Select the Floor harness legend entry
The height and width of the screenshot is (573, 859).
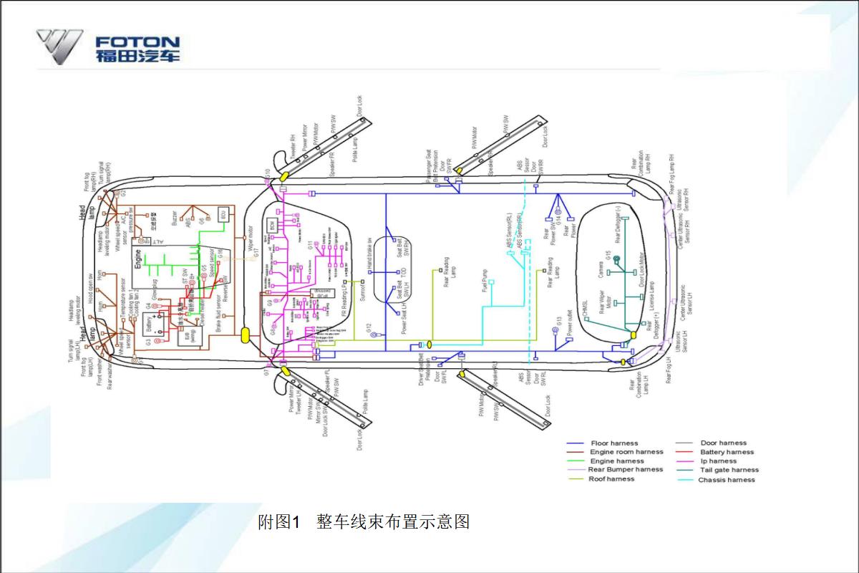coord(613,443)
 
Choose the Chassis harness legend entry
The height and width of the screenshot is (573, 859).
coord(726,480)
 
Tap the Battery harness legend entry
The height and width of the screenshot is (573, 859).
coord(727,452)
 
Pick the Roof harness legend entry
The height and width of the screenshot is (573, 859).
coord(611,479)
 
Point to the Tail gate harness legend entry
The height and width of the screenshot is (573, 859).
coord(729,471)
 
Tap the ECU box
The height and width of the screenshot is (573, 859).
coord(223,214)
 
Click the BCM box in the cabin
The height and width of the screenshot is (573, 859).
coord(273,225)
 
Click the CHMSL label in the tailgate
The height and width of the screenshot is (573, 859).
coord(585,309)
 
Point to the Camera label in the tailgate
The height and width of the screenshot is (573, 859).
coord(600,270)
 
